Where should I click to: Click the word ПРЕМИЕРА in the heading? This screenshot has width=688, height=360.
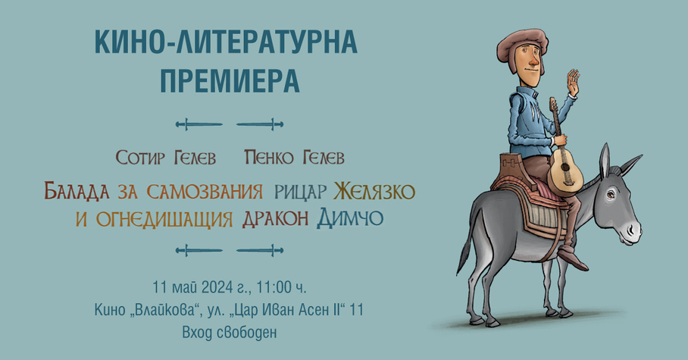[x=230, y=80]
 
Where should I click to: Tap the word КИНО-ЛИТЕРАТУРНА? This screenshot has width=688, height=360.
[x=226, y=42]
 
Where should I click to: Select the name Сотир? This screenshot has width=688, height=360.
[x=140, y=158]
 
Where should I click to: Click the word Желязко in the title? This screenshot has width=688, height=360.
[x=374, y=192]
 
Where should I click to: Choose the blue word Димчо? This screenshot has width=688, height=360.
[x=350, y=218]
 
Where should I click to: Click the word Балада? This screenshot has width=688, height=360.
[x=77, y=192]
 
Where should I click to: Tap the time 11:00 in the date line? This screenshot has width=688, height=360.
[x=274, y=287]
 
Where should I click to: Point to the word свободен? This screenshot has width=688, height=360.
[x=247, y=333]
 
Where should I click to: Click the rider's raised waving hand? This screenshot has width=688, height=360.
[x=574, y=82]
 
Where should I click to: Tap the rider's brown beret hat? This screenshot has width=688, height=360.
[x=523, y=43]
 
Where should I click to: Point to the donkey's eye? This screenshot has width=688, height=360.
[x=611, y=193]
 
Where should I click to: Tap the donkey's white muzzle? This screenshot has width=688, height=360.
[x=632, y=230]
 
